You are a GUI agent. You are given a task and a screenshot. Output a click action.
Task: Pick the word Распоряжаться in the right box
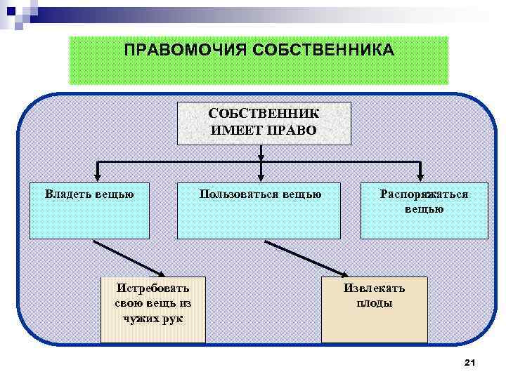click(x=424, y=194)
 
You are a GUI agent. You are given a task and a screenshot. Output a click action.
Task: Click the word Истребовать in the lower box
click(x=153, y=288)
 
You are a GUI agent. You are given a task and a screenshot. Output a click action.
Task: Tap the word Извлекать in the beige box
click(x=374, y=288)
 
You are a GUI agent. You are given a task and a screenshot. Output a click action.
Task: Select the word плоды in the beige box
click(x=374, y=303)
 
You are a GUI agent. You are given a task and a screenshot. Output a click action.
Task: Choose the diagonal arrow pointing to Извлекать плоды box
click(x=306, y=258)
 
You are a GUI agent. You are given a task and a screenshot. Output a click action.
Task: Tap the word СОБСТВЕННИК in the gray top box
click(x=264, y=114)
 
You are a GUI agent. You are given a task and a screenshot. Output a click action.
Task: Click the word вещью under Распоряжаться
click(x=424, y=208)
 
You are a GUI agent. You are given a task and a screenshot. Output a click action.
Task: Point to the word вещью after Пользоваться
click(x=301, y=193)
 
